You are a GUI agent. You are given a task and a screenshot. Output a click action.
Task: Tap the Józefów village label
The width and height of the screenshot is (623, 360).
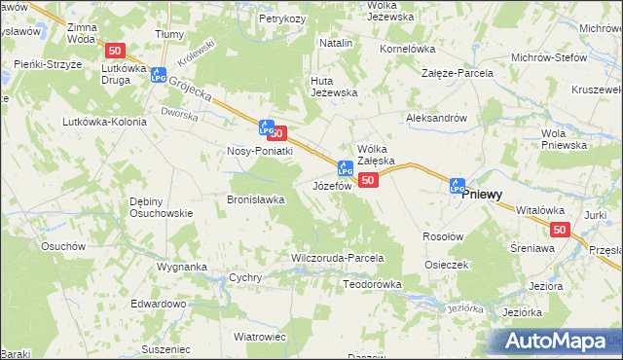click(x=331, y=185)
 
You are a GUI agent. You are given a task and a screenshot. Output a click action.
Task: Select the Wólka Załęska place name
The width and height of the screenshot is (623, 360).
click(x=375, y=153)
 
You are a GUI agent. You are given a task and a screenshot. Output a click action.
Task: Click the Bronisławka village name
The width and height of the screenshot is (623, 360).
click(x=255, y=199)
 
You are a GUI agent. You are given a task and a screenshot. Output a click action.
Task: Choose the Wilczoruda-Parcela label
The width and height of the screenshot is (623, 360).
click(x=338, y=259)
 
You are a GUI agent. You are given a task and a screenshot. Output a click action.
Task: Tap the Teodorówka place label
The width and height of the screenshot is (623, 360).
click(x=373, y=284)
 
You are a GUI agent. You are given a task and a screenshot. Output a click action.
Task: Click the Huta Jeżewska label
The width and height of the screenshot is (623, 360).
click(x=334, y=87)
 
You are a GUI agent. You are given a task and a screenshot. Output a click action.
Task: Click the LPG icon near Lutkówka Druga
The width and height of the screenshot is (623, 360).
click(x=157, y=76)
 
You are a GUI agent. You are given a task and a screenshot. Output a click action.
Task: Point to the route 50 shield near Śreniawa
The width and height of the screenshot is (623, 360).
click(x=559, y=229)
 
